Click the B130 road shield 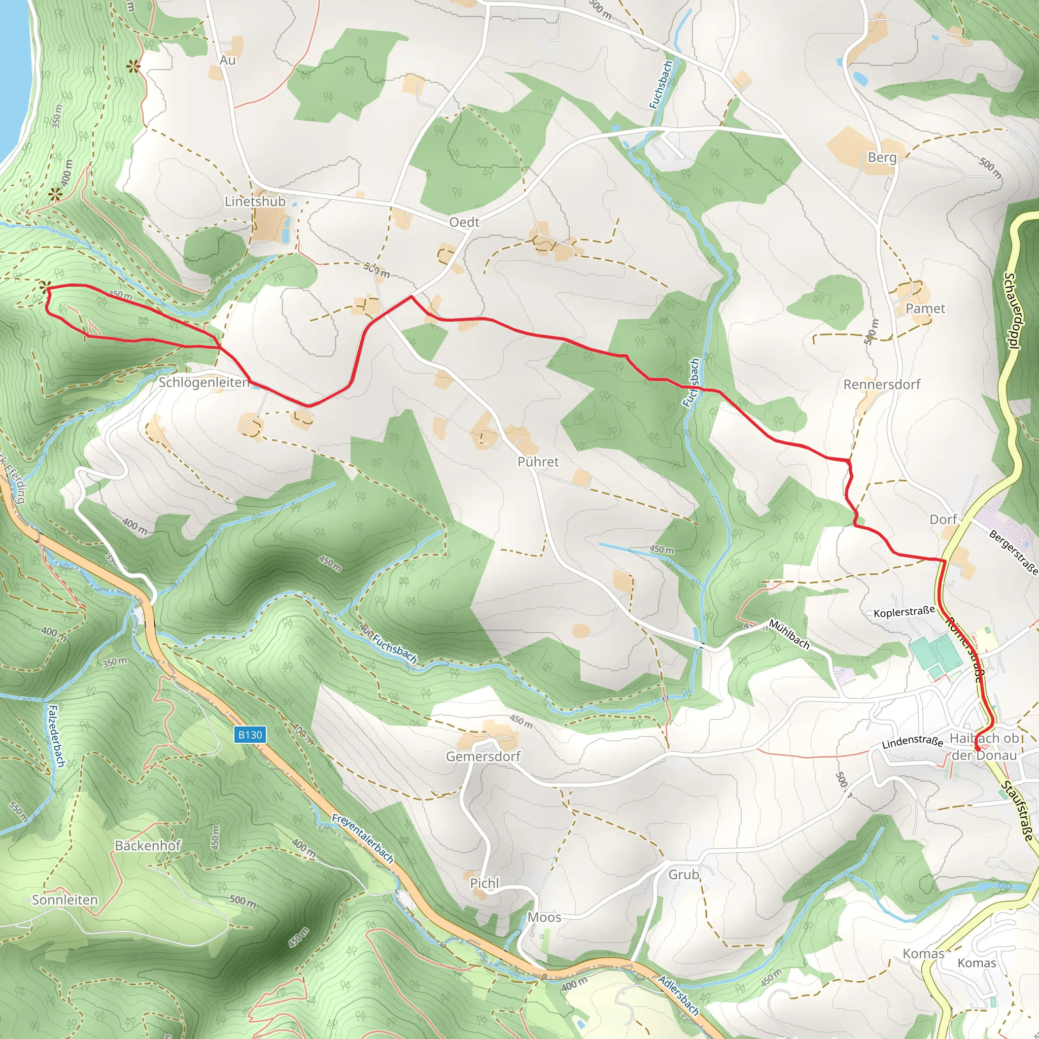250,735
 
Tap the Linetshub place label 255,202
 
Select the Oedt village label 464,222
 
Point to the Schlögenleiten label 204,383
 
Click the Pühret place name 538,462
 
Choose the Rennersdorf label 881,385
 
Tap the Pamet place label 925,308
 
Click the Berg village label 882,158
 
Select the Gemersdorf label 483,756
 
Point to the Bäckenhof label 148,846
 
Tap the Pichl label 484,884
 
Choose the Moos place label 544,917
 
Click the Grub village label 683,875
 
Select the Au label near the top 227,60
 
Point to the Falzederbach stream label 57,736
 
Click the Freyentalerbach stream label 363,839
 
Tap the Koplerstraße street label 904,612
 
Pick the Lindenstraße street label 912,742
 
